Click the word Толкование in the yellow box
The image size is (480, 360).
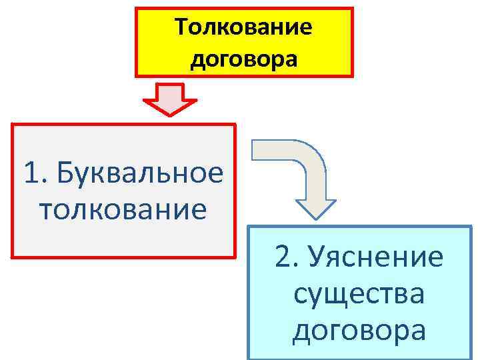(x=243, y=28)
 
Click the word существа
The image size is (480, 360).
(x=359, y=293)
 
